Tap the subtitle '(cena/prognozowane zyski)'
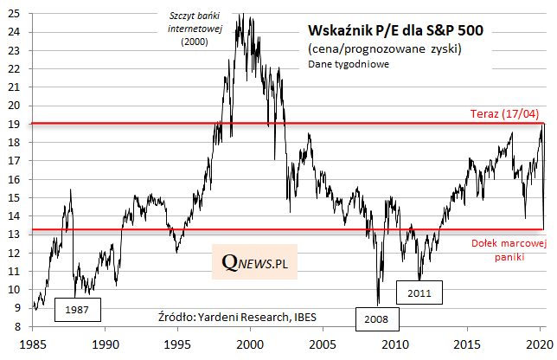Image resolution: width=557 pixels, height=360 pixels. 385,48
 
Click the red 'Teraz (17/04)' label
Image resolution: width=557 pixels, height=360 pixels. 504,114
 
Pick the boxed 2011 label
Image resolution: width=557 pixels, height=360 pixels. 419,292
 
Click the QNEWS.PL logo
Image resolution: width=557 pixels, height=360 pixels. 254,261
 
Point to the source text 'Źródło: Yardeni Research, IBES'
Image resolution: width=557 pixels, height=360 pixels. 238,316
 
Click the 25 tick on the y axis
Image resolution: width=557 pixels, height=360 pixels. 18,13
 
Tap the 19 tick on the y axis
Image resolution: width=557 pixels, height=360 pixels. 18,124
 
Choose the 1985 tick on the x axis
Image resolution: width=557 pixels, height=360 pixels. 32,344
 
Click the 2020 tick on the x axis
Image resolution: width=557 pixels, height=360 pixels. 539,344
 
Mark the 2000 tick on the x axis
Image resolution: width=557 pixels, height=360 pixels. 249,344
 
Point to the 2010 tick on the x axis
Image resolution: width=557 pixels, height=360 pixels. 394,344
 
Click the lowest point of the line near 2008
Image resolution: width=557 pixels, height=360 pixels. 378,304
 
